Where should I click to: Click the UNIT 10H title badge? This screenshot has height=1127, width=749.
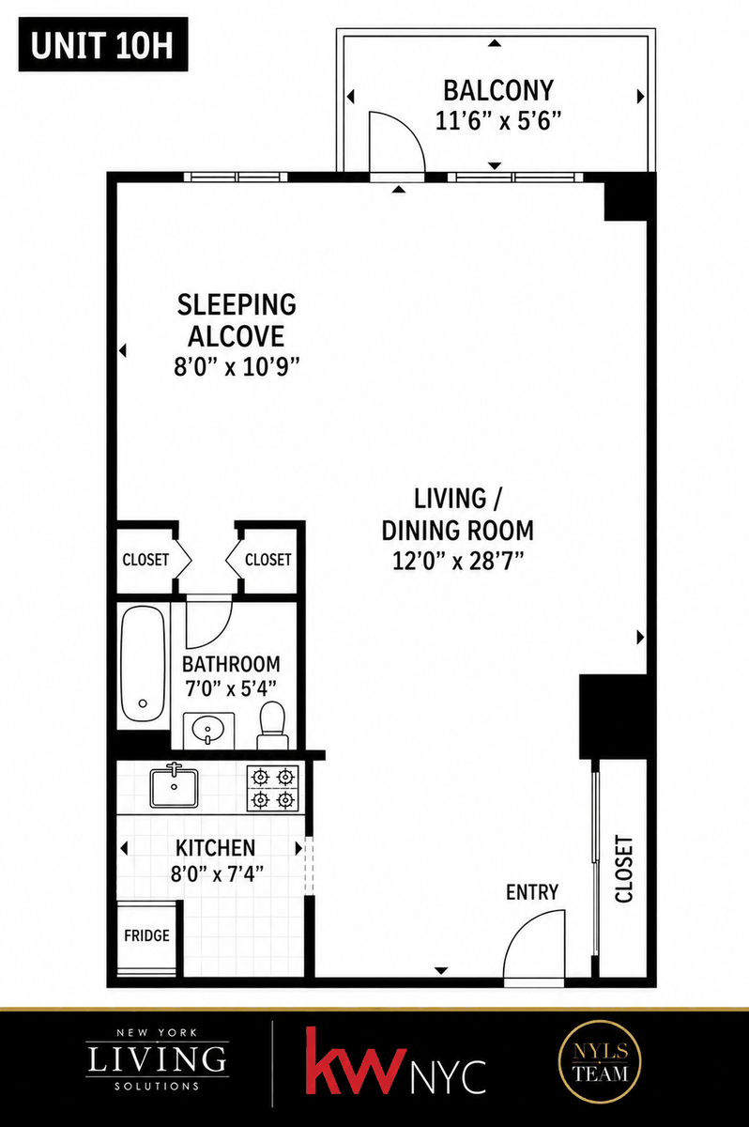103,44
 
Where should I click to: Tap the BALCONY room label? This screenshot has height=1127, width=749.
498,90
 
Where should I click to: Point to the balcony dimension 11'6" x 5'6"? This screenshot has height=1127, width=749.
497,121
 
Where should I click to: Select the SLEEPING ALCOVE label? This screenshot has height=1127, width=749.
237,320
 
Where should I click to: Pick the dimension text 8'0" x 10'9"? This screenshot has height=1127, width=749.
237,367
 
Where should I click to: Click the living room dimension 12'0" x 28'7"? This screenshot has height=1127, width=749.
458,561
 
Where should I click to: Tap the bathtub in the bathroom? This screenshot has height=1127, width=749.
143,664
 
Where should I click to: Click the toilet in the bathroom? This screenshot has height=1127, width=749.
272,725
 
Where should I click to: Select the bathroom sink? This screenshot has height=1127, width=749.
208,730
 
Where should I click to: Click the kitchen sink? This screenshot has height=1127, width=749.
174,787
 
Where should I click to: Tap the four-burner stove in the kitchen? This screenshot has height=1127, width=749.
272,788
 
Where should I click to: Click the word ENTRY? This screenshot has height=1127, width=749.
532,892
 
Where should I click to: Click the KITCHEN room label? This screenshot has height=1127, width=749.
215,848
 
